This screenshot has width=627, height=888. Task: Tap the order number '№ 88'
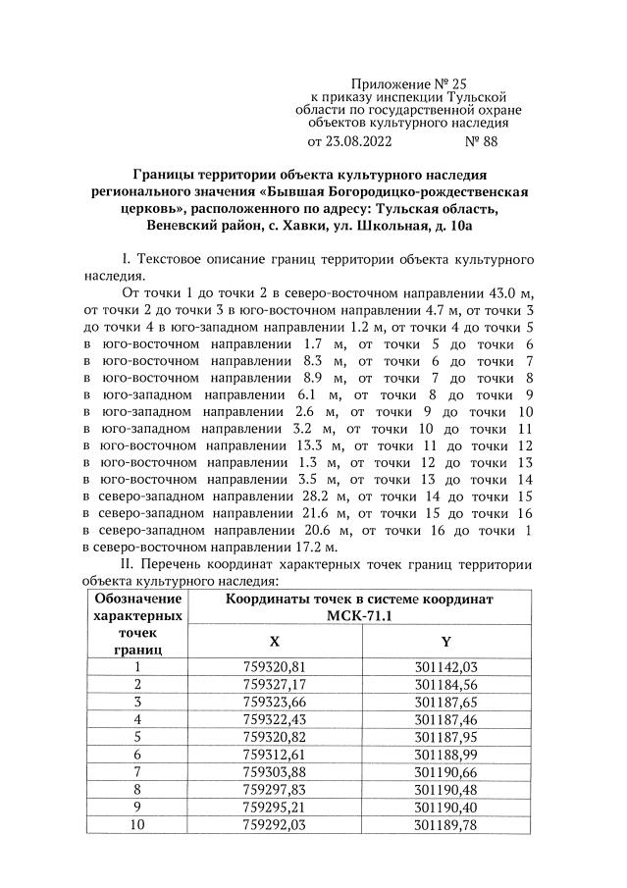tap(482, 141)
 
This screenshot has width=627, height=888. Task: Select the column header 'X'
tap(275, 641)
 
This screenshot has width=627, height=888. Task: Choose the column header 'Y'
tap(446, 641)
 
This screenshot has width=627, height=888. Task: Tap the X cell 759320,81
tap(275, 667)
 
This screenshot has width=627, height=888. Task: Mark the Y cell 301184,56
tap(446, 684)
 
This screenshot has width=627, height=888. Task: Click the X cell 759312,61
tap(275, 754)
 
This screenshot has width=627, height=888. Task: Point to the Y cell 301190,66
tap(446, 771)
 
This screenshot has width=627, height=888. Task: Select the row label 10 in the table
tap(137, 823)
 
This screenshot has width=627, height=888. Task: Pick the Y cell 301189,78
tap(446, 823)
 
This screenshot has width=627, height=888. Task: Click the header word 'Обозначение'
tap(137, 599)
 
